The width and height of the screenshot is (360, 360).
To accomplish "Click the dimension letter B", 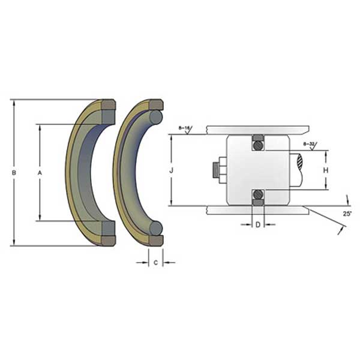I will tap(14, 173).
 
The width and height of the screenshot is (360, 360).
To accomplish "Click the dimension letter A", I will tap(40, 173).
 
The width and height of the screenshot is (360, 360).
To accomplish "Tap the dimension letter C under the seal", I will tap(156, 262).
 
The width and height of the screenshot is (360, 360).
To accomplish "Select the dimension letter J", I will tap(172, 170).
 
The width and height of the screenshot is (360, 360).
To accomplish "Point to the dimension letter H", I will tap(326, 170).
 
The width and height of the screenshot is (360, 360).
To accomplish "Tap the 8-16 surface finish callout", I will tap(184, 128).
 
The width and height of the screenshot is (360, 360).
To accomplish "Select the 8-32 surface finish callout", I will tap(309, 144).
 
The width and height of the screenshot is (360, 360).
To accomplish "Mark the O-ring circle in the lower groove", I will tap(258, 194).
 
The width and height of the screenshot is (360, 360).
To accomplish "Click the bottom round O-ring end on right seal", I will tap(155, 228).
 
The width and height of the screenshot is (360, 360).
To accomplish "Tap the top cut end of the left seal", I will tap(107, 111).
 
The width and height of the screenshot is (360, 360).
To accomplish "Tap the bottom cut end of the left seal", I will tap(107, 233).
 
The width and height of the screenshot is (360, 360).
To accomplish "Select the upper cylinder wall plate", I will tap(258, 128).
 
